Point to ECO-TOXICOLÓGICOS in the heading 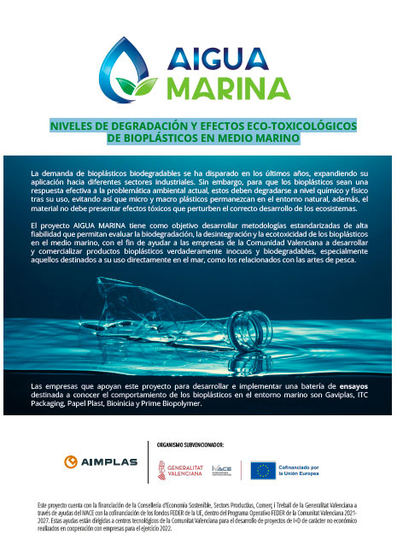pyautogui.click(x=291, y=126)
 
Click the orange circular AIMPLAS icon pyautogui.click(x=71, y=462)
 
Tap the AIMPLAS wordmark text pyautogui.click(x=110, y=463)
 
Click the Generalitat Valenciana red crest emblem pyautogui.click(x=163, y=469)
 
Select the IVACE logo pyautogui.click(x=221, y=469)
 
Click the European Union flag pyautogui.click(x=263, y=470)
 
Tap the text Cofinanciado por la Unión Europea pyautogui.click(x=310, y=470)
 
